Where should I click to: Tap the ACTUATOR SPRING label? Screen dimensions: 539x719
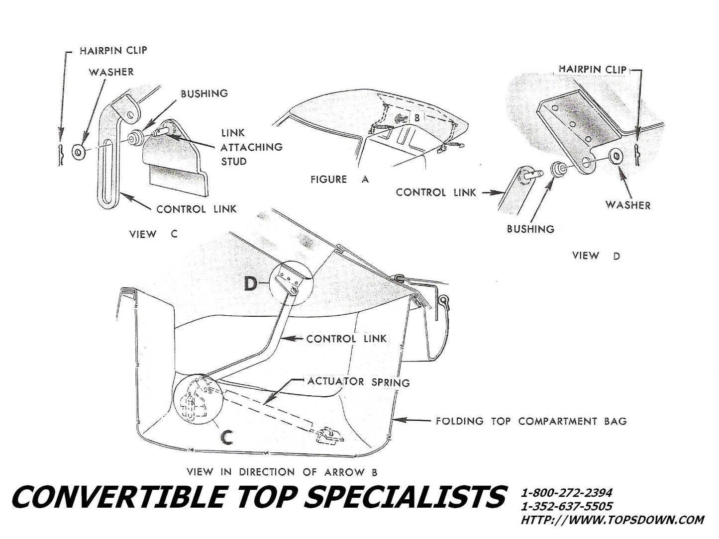tap(358, 382)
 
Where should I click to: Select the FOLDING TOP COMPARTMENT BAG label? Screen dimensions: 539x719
tap(531, 421)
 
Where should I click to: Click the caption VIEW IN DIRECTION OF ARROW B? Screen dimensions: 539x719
tap(285, 471)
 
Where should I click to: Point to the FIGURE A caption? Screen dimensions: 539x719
tap(339, 179)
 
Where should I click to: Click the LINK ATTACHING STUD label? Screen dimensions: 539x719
tap(251, 147)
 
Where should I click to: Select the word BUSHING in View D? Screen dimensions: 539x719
tap(530, 229)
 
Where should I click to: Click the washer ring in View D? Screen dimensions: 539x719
tap(616, 156)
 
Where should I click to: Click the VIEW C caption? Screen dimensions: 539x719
tap(153, 234)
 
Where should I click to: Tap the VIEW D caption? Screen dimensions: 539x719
tap(596, 256)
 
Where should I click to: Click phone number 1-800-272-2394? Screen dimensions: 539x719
tap(566, 493)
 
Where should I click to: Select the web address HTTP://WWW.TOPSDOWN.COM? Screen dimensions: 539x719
tap(612, 520)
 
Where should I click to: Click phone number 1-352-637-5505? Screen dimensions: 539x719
tap(566, 506)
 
